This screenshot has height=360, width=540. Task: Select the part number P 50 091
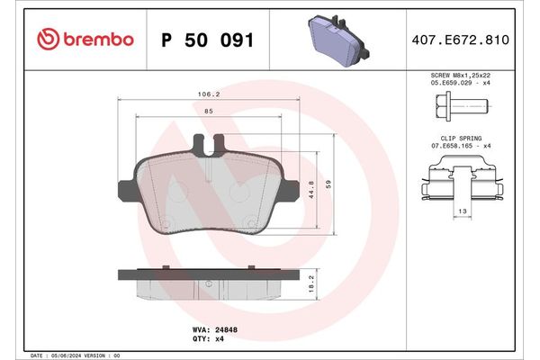click(206, 40)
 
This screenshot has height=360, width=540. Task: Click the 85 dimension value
click(208, 112)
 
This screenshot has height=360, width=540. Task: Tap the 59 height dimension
click(329, 184)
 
